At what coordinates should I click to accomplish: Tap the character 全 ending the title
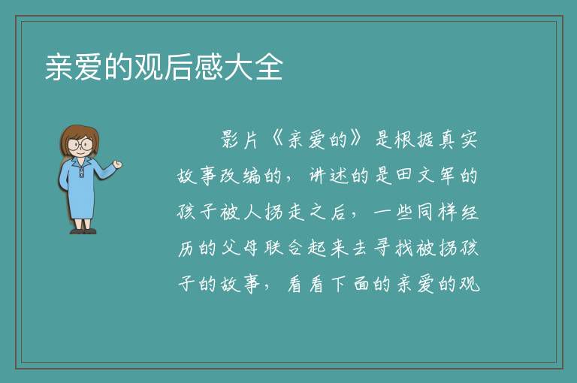coord(269,67)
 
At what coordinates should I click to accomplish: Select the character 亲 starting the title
coord(59,67)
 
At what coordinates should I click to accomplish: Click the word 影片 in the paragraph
coord(239,140)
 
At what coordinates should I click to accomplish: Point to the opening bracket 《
coord(276,140)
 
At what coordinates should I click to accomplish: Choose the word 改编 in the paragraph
coord(240,176)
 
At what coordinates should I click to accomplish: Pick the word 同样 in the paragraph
coord(437,212)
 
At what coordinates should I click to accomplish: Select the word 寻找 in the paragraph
coord(393,248)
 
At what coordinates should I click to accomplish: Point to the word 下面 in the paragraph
coord(350,284)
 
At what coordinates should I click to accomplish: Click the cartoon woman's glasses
coord(80,143)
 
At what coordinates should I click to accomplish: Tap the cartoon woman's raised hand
coord(117,164)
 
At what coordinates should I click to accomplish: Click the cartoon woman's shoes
coord(83,231)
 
